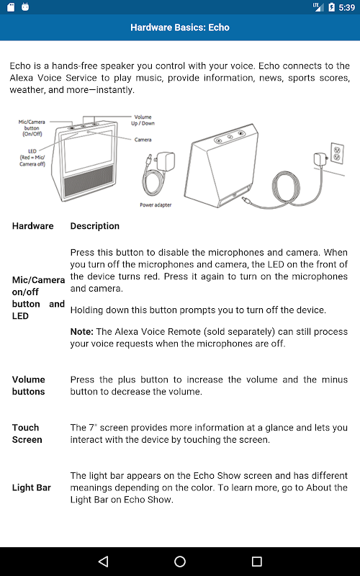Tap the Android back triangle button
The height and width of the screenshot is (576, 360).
[x=103, y=561]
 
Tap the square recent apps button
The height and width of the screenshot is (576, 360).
[x=256, y=562]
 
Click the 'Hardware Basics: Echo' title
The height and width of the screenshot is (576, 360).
[x=180, y=27]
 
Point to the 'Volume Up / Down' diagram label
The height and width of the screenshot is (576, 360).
[x=143, y=120]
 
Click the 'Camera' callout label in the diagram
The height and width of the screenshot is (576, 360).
[x=143, y=140]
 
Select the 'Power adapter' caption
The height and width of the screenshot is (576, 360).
[x=156, y=205]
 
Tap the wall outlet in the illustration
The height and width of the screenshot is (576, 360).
[x=337, y=153]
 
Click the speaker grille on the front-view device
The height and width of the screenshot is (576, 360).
[x=89, y=179]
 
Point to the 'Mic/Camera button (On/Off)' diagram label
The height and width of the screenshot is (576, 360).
[x=32, y=128]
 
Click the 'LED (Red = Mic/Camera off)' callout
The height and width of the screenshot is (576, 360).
[x=32, y=158]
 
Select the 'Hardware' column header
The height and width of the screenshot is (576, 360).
[x=32, y=226]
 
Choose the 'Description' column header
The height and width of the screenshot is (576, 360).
[x=95, y=226]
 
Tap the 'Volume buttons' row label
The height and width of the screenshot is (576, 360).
[x=29, y=385]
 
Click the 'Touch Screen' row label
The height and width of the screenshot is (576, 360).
[x=27, y=433]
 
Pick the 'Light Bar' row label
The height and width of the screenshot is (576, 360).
[x=32, y=488]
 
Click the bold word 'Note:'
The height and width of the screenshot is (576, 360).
[x=82, y=332]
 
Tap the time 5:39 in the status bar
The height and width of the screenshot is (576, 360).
[x=347, y=7]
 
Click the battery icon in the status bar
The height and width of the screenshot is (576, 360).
[x=331, y=7]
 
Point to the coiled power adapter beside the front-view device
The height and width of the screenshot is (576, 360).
[x=158, y=173]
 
